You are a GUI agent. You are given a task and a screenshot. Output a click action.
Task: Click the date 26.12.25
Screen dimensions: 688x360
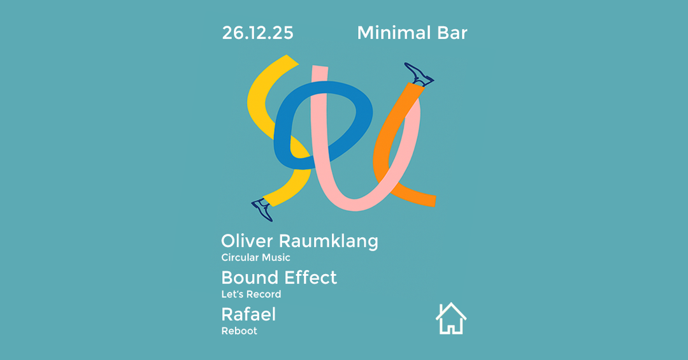coord(257,33)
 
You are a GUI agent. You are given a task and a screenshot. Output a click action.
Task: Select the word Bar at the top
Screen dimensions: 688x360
coord(452,33)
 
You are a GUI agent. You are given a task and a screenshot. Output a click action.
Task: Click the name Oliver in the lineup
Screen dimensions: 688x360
coord(247,241)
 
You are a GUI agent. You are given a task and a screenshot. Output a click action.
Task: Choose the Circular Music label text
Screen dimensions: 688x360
coord(256,257)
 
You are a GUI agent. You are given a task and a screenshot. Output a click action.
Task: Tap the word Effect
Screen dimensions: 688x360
coord(311,277)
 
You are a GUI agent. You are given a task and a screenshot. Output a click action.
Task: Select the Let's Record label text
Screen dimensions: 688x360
coord(251,294)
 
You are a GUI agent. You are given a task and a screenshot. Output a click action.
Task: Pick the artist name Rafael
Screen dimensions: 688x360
coord(248,314)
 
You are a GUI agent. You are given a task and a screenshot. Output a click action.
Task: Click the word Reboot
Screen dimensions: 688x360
coord(239,331)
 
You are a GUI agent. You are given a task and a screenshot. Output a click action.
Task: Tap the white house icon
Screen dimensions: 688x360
coord(451,319)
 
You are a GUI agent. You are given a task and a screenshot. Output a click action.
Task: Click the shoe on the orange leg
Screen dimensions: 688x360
coord(419,74)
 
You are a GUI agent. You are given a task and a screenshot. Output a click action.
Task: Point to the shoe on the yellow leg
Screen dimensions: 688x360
coord(262,210)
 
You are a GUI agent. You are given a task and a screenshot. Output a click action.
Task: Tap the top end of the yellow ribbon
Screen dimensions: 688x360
coord(292,60)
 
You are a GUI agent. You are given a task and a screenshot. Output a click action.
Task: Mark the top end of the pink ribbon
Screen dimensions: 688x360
coord(320,67)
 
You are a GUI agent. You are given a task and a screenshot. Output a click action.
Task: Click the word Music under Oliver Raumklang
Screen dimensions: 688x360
coord(276,257)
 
